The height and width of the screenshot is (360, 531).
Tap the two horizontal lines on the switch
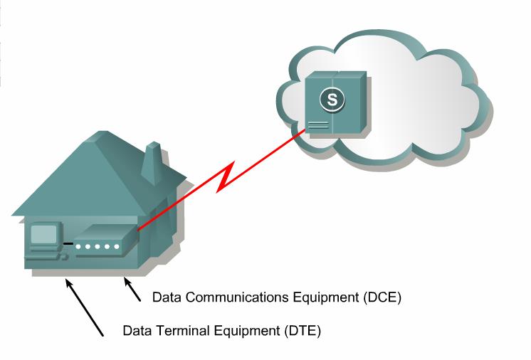coord(318,125)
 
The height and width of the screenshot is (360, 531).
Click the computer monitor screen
coord(43,234)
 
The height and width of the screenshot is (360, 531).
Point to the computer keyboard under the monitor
coord(44,253)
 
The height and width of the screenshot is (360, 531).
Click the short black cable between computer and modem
coord(68,244)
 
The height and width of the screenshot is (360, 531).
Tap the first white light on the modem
coord(79,247)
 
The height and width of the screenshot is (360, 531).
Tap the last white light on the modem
coord(116,247)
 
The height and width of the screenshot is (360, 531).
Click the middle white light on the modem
coord(98,247)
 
